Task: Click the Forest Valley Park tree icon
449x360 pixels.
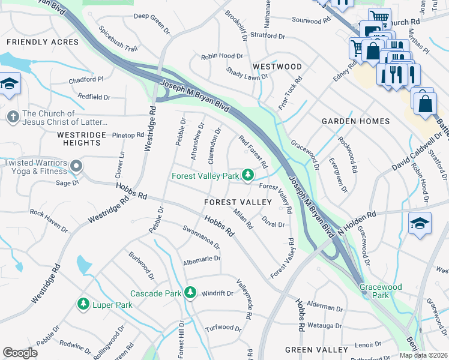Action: pos(247,175)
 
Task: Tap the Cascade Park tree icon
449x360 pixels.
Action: pos(190,293)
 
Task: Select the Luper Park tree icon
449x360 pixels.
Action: pos(83,305)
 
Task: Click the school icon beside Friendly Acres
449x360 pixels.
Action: pos(10,84)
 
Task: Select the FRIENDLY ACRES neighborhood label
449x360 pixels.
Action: pos(43,42)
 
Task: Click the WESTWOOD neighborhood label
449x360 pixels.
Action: pos(277,66)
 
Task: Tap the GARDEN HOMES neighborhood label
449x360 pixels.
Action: pos(355,121)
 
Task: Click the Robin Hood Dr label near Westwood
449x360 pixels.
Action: pos(222,56)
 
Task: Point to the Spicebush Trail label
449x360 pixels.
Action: pos(118,38)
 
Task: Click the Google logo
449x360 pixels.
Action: pos(20,353)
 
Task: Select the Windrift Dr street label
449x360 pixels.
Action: pos(217,293)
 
